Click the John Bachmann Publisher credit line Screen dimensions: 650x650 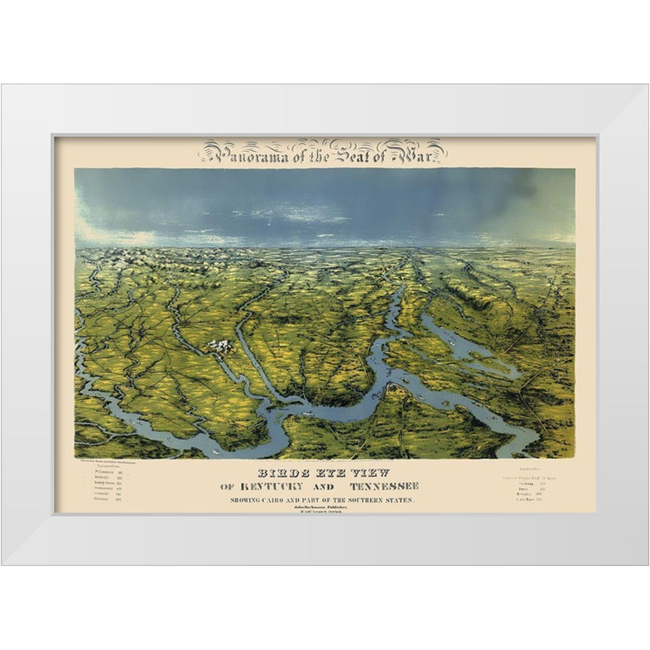[x=322, y=506]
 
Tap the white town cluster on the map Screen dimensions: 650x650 [x=220, y=347]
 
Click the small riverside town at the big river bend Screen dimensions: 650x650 [x=393, y=388]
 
